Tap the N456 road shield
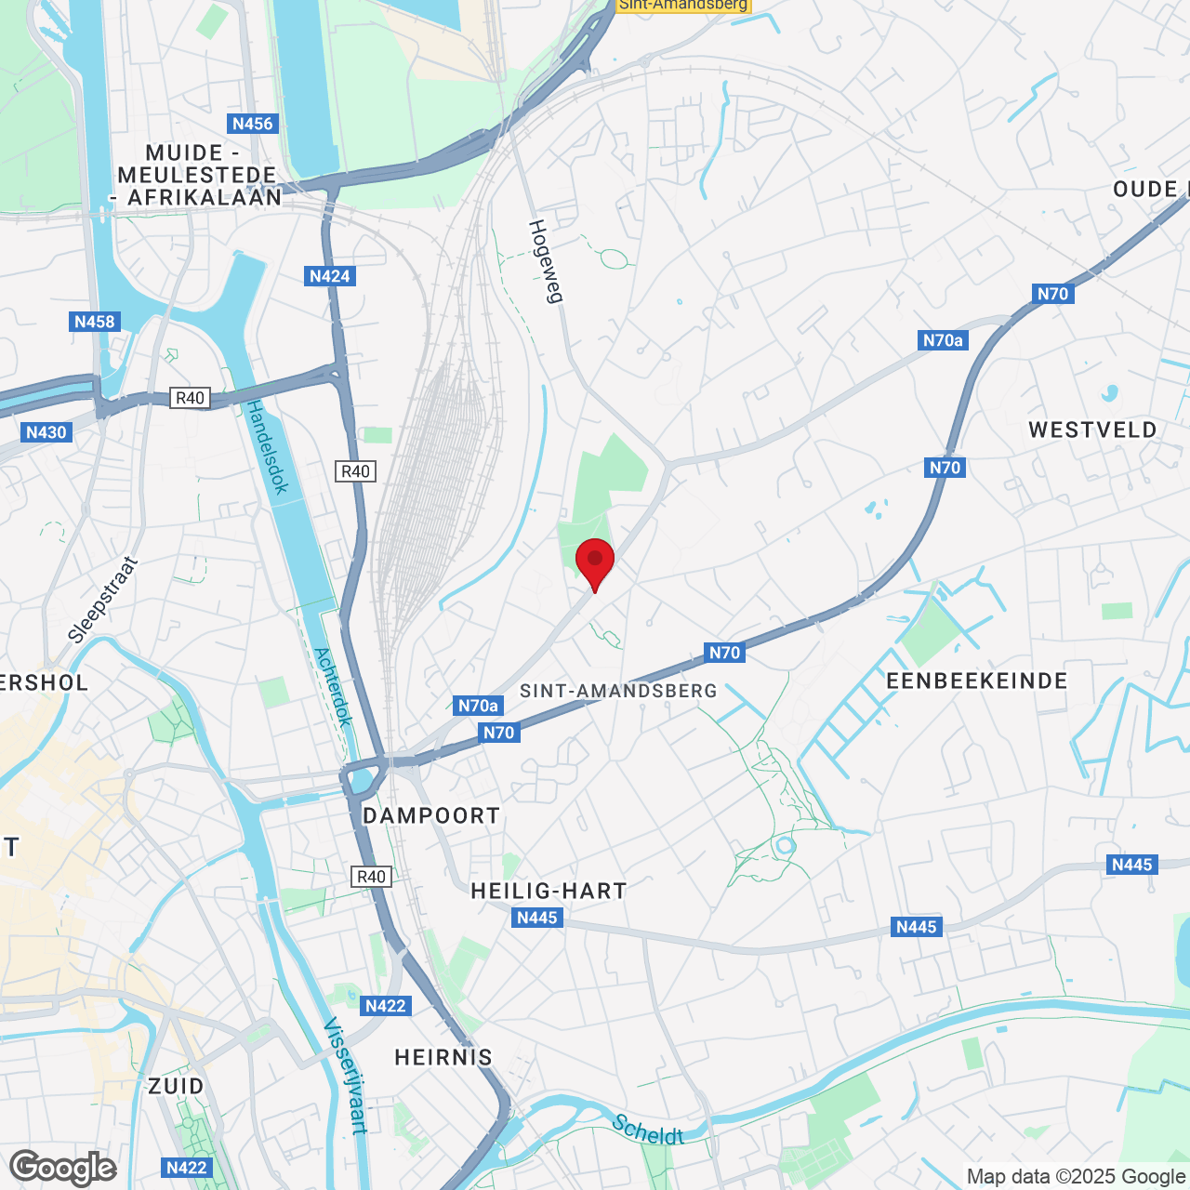click(x=253, y=124)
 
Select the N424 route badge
click(x=330, y=276)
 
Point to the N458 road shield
click(x=95, y=322)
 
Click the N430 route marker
click(x=46, y=432)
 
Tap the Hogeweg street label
click(x=547, y=261)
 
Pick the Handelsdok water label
click(x=267, y=447)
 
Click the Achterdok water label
click(x=334, y=686)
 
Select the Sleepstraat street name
click(x=103, y=600)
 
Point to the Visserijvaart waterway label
click(x=345, y=1076)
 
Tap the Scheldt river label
click(x=648, y=1130)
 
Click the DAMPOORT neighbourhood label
click(x=431, y=816)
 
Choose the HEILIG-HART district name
click(x=549, y=891)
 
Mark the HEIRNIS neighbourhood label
click(x=443, y=1057)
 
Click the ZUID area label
click(x=176, y=1086)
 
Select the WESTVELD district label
click(x=1092, y=430)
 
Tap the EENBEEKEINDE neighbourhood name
click(x=977, y=681)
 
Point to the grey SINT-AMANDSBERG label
click(x=618, y=691)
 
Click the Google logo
click(x=63, y=1168)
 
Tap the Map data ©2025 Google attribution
click(x=1077, y=1177)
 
